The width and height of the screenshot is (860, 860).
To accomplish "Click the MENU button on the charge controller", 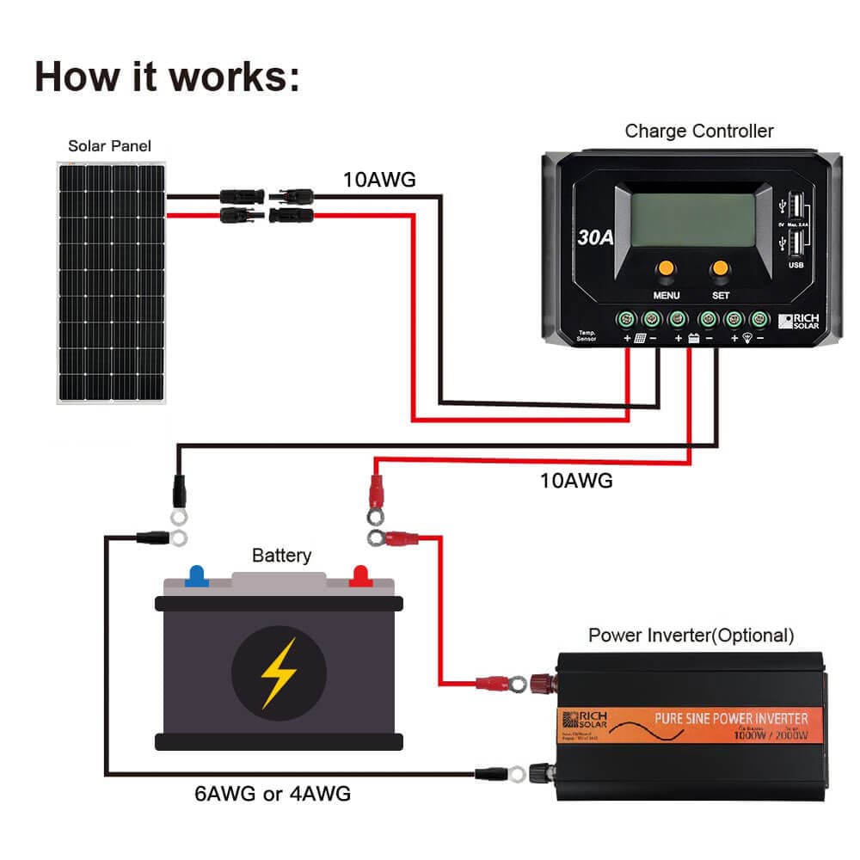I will pos(666,270).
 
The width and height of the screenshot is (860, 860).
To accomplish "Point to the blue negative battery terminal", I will pos(197,574).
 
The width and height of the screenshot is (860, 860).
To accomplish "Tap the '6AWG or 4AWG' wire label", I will pos(273,794).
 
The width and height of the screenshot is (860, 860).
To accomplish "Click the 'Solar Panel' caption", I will pos(109,146).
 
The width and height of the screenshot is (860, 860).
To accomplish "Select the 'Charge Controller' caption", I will pos(698,132).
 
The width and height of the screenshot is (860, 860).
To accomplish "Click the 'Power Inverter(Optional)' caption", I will pos(691,636).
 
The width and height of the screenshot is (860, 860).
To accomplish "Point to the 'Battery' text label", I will pos(281,556).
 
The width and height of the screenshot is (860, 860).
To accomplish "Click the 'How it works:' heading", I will pos(168,77).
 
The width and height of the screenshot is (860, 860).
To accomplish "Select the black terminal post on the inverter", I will pos(544,772).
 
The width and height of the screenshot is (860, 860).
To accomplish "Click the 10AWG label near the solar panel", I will pos(379,180).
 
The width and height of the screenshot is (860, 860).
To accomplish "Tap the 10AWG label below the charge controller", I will pos(576,481).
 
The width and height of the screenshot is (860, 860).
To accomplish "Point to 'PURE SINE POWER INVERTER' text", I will pos(731,718).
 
